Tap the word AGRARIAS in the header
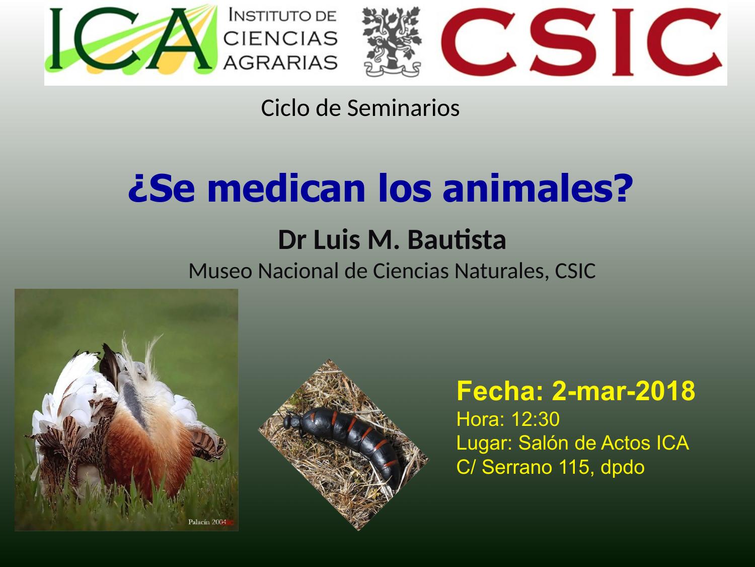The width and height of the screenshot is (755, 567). coord(281,62)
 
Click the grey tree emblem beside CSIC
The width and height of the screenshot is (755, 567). coord(392,42)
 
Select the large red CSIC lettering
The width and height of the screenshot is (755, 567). coord(581,42)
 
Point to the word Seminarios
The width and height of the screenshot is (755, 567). coord(403,108)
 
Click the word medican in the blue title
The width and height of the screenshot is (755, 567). coord(286,188)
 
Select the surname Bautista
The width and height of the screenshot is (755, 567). coord(457,240)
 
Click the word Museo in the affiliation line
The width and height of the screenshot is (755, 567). coord(220,271)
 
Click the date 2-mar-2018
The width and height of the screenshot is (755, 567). coord(624,391)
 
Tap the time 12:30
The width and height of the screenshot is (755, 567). coord(536,419)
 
